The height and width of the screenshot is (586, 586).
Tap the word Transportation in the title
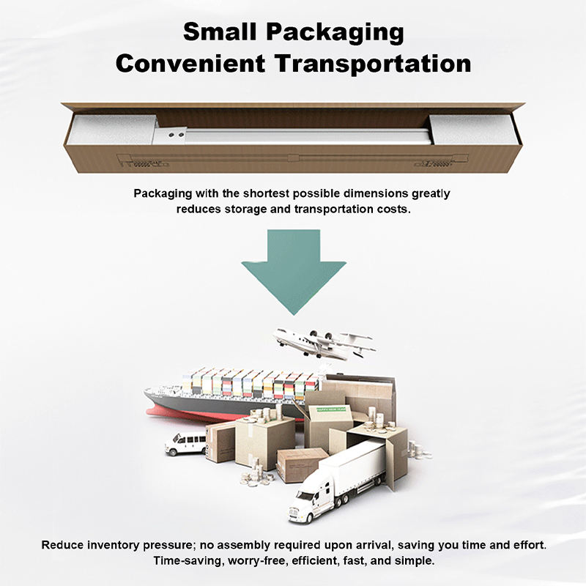[373, 63]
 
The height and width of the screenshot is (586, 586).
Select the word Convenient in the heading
[191, 63]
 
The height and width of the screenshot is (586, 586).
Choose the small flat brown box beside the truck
[301, 464]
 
